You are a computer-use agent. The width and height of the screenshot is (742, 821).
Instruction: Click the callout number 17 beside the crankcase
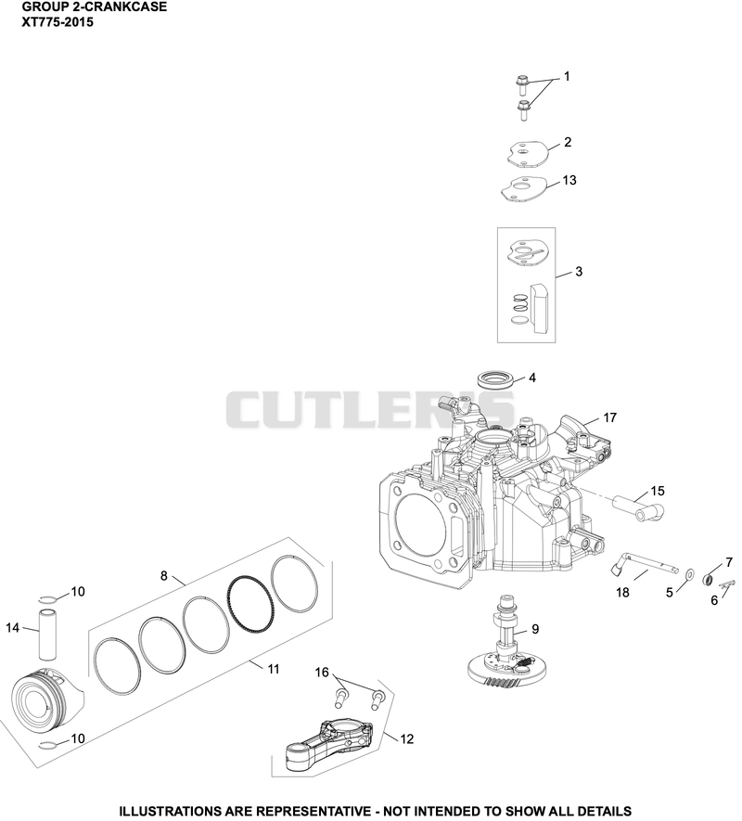[x=609, y=417]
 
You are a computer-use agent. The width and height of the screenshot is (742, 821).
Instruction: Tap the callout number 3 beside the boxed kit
[x=579, y=272]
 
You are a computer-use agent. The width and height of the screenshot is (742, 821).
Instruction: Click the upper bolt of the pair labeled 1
[x=521, y=84]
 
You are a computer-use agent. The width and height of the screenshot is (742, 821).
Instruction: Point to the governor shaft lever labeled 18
[x=642, y=567]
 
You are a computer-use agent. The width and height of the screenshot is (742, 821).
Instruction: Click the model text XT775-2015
[x=58, y=22]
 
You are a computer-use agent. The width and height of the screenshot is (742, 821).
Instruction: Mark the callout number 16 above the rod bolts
[x=322, y=672]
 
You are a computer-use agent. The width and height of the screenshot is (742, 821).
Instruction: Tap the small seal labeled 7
[x=709, y=580]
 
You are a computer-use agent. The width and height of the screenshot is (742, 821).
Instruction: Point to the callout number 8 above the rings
[x=164, y=576]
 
